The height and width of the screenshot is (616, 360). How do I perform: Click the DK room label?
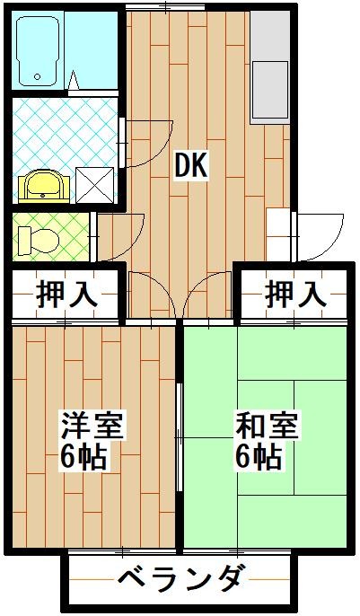coord(191,165)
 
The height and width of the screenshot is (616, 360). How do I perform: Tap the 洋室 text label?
coord(92,424)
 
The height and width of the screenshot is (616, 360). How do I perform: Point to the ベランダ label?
coord(180,578)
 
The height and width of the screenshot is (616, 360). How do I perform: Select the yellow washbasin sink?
coord(41,185)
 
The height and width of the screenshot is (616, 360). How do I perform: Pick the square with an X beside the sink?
coord(94,184)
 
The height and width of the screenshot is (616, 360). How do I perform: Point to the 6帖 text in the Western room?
coord(85,457)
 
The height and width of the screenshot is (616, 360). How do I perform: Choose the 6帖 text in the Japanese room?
coord(259,457)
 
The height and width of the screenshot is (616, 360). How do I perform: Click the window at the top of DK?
coord(186,8)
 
